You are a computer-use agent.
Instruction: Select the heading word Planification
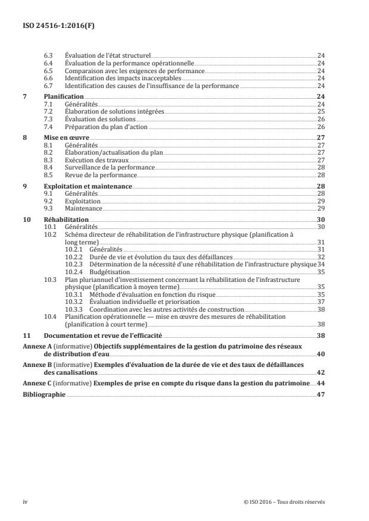[63, 96]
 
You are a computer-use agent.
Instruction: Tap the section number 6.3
[49, 55]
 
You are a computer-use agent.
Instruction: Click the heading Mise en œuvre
[66, 137]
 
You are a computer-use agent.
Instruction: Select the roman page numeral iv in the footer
[25, 501]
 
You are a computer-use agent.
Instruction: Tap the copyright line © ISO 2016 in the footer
[284, 501]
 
